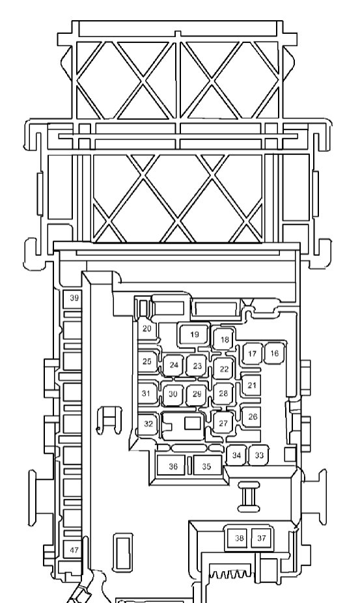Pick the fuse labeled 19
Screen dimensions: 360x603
[194, 335]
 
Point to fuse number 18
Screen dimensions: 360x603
[224, 339]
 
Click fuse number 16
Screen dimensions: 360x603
[274, 353]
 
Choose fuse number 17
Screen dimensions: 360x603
[252, 354]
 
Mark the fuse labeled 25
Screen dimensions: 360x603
[148, 361]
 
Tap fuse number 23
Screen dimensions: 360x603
[197, 365]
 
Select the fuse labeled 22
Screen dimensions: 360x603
[224, 369]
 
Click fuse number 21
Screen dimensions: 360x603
[251, 385]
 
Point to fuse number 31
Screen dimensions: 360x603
[147, 393]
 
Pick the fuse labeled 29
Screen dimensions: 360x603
[197, 394]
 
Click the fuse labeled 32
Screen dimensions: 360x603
[148, 424]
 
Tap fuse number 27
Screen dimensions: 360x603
[223, 423]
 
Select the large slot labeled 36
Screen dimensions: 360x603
[173, 466]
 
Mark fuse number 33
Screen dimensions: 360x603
[259, 455]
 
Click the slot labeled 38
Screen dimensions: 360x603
[239, 538]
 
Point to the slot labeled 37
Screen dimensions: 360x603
[262, 538]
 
